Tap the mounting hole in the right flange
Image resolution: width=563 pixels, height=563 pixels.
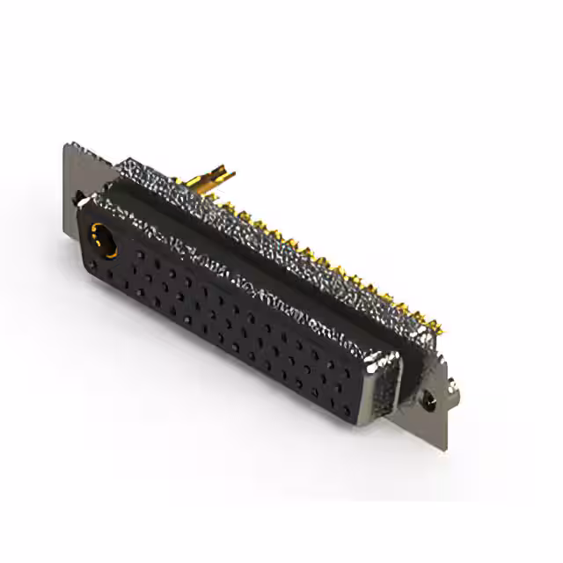point(428,400)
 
